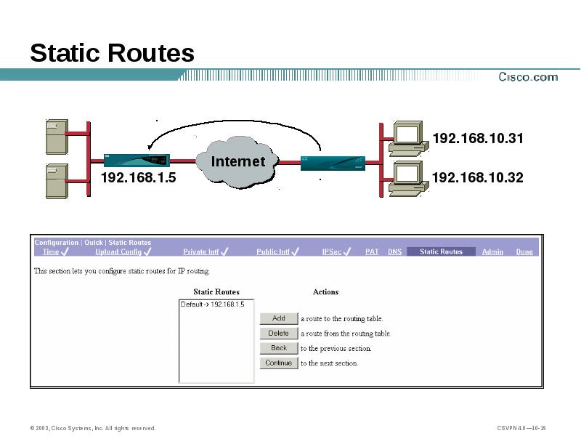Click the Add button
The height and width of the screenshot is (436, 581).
point(279,318)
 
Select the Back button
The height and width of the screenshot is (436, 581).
point(279,348)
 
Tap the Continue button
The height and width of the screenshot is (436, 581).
point(279,363)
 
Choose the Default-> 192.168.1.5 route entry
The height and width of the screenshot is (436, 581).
point(212,304)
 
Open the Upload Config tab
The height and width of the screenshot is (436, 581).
point(118,252)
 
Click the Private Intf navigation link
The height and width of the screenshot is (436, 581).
point(200,252)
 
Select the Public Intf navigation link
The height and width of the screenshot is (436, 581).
point(272,252)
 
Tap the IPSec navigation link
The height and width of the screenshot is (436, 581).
point(332,252)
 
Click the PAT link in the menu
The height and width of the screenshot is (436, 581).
point(372,252)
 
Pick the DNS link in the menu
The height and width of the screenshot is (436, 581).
point(394,252)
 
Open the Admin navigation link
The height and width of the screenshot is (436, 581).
point(492,252)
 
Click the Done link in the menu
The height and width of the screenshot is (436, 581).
point(524,252)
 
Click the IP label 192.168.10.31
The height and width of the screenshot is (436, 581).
point(477,138)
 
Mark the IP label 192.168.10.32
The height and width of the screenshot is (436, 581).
point(477,177)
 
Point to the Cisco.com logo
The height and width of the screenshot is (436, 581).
point(527,77)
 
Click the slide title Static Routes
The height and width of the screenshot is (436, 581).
point(113,53)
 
